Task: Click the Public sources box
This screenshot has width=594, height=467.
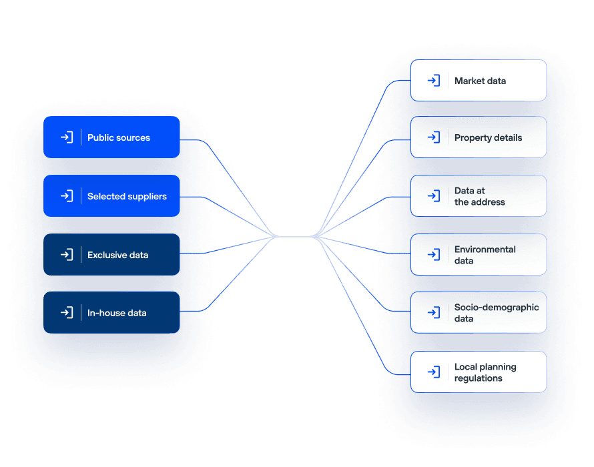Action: pyautogui.click(x=111, y=137)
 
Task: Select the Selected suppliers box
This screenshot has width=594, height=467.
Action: pyautogui.click(x=111, y=196)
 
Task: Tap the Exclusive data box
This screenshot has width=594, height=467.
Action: pyautogui.click(x=111, y=255)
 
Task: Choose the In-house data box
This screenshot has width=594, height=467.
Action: pyautogui.click(x=111, y=312)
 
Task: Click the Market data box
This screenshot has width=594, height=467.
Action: pyautogui.click(x=479, y=80)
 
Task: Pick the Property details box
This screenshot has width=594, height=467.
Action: pyautogui.click(x=479, y=137)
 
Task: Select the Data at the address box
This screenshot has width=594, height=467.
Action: pyautogui.click(x=479, y=196)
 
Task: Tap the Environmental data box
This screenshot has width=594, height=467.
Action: pyautogui.click(x=479, y=255)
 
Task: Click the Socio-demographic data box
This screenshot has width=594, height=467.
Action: pyautogui.click(x=479, y=312)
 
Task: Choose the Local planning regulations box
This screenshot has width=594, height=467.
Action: pyautogui.click(x=479, y=372)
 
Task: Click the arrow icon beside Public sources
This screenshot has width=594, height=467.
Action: pyautogui.click(x=67, y=137)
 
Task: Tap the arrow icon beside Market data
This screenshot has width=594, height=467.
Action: pyautogui.click(x=434, y=80)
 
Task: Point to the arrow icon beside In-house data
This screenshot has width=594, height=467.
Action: pyautogui.click(x=67, y=312)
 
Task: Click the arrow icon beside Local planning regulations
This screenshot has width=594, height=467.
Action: pyautogui.click(x=434, y=372)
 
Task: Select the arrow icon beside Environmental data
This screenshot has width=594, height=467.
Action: pyautogui.click(x=434, y=255)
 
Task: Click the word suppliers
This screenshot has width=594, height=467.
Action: pyautogui.click(x=147, y=197)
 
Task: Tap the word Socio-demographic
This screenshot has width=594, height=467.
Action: pyautogui.click(x=497, y=308)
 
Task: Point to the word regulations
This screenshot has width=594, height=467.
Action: pyautogui.click(x=479, y=378)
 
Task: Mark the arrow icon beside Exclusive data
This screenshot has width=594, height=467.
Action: pyautogui.click(x=67, y=255)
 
